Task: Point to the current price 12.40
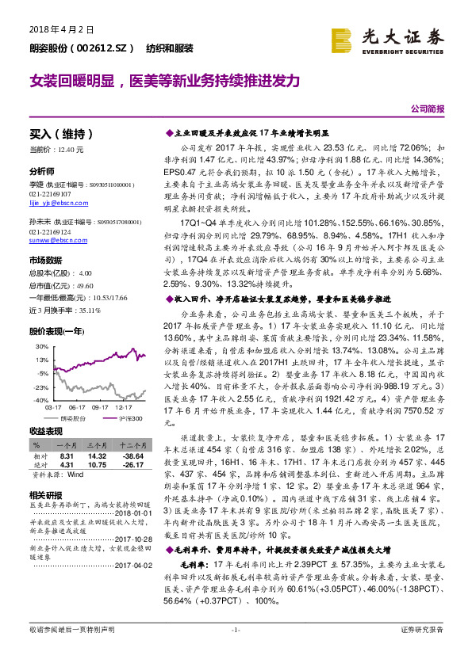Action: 71,150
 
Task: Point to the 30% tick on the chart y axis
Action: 40,347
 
